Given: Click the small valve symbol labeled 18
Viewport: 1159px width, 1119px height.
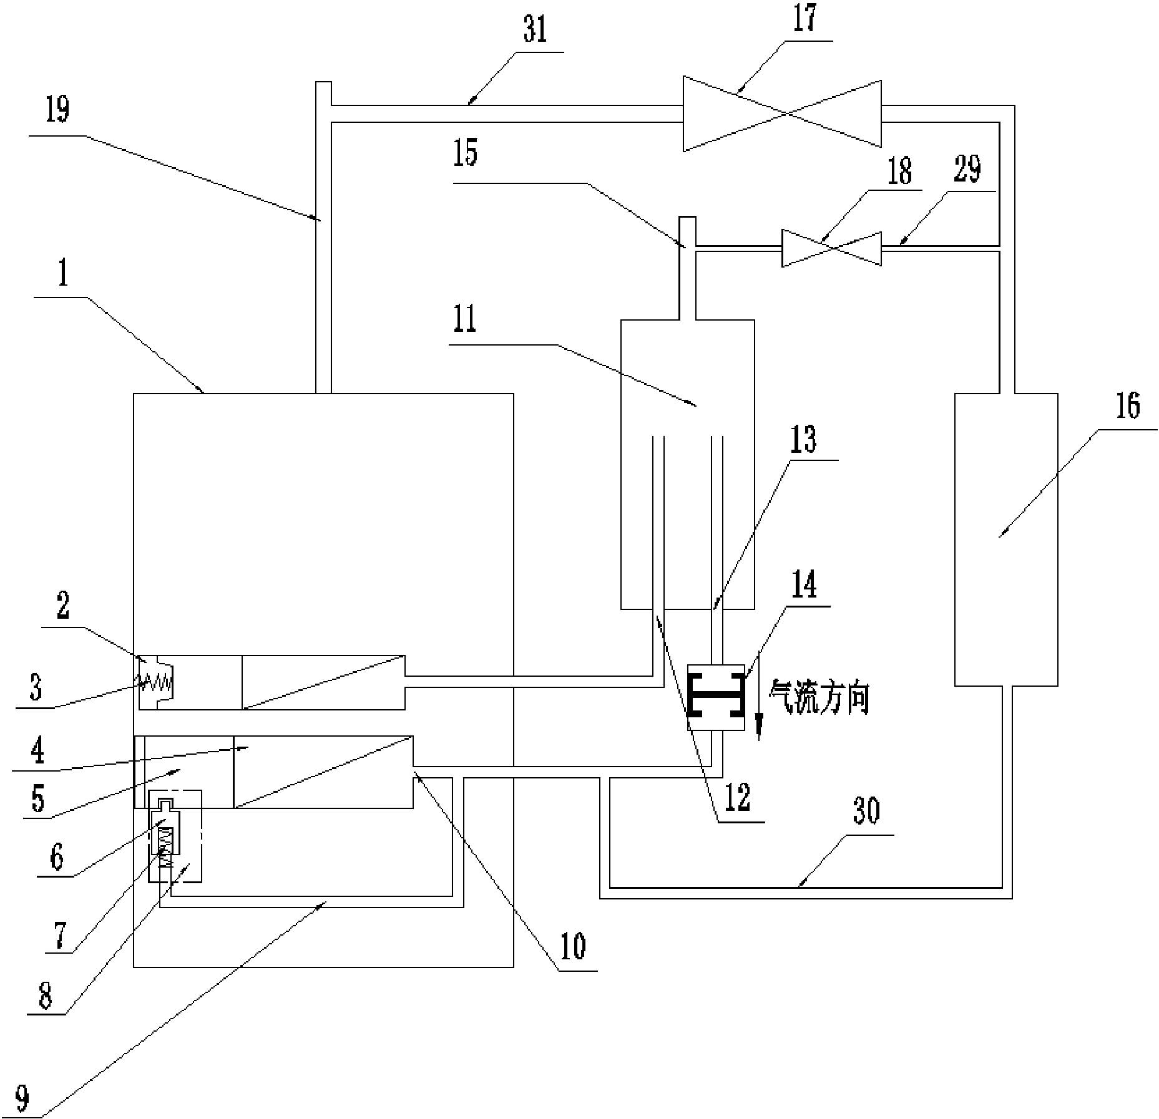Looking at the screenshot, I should [831, 248].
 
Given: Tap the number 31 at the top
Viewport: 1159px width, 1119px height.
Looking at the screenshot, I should [535, 31].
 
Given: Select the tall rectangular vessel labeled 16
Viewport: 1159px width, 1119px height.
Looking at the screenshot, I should [1005, 540].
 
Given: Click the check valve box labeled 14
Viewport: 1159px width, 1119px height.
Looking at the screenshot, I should [715, 697].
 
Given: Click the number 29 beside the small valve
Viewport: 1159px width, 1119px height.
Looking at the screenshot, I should [967, 169].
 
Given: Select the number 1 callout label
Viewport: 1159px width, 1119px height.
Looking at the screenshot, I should [63, 273].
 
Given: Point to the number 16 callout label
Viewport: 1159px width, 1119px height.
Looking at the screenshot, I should [1128, 405].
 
